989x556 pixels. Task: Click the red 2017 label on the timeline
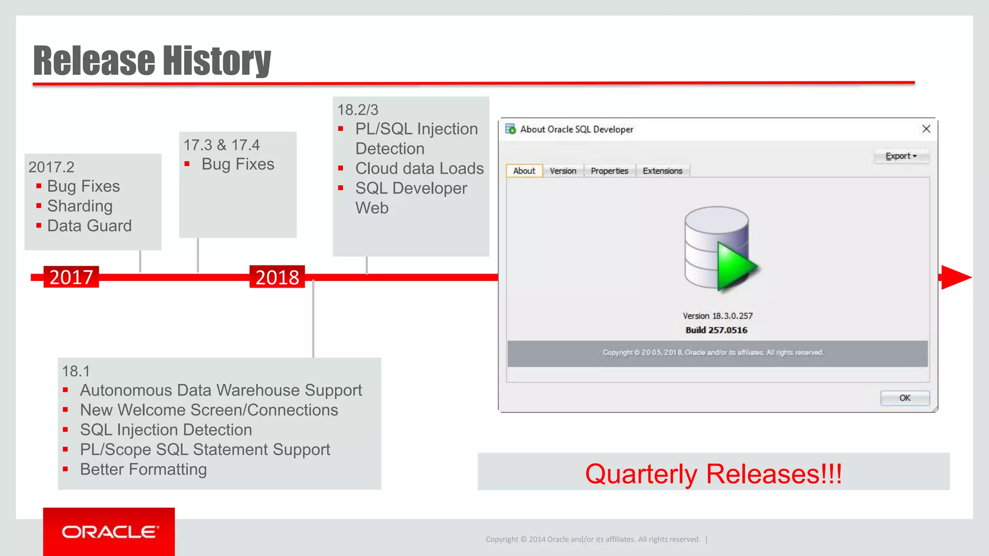point(71,277)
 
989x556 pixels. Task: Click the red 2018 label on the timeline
point(277,277)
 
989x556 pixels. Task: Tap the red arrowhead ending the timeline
point(955,277)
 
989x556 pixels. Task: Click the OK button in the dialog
point(904,398)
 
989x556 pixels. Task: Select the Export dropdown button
point(901,156)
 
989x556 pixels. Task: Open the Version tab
point(563,171)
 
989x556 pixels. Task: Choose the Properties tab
point(609,171)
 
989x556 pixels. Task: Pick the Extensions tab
point(663,171)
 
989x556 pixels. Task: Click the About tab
point(524,171)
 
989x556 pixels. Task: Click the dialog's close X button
point(926,129)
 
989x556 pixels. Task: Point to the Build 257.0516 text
point(716,330)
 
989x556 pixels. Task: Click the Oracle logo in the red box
point(109,532)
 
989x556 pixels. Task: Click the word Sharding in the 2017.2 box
point(80,206)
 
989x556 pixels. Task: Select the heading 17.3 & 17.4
point(221,145)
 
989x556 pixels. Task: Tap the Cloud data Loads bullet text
point(419,168)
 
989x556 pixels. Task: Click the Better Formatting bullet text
point(143,469)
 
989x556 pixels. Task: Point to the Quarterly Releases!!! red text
point(713,473)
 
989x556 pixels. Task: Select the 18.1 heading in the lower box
point(76,371)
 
